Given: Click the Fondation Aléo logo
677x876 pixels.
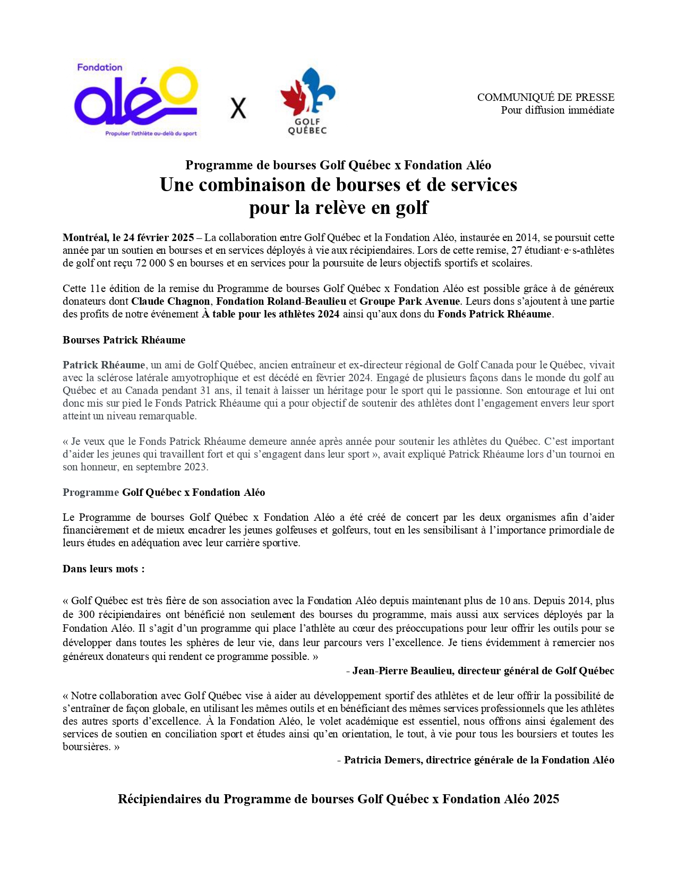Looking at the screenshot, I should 136,100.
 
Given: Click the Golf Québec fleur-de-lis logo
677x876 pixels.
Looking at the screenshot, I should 307,100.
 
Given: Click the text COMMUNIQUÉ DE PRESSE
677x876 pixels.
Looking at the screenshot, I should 545,97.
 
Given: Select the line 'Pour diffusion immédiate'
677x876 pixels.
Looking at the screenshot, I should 557,110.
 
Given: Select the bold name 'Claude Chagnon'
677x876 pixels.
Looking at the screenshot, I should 170,301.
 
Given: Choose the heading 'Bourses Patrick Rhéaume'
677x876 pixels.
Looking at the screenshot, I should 124,340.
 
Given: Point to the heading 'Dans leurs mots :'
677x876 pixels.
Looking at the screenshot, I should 104,569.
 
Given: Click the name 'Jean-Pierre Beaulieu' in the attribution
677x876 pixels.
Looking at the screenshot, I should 402,671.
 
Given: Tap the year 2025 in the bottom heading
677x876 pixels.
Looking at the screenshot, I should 546,799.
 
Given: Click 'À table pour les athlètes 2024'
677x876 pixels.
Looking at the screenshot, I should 270,314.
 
